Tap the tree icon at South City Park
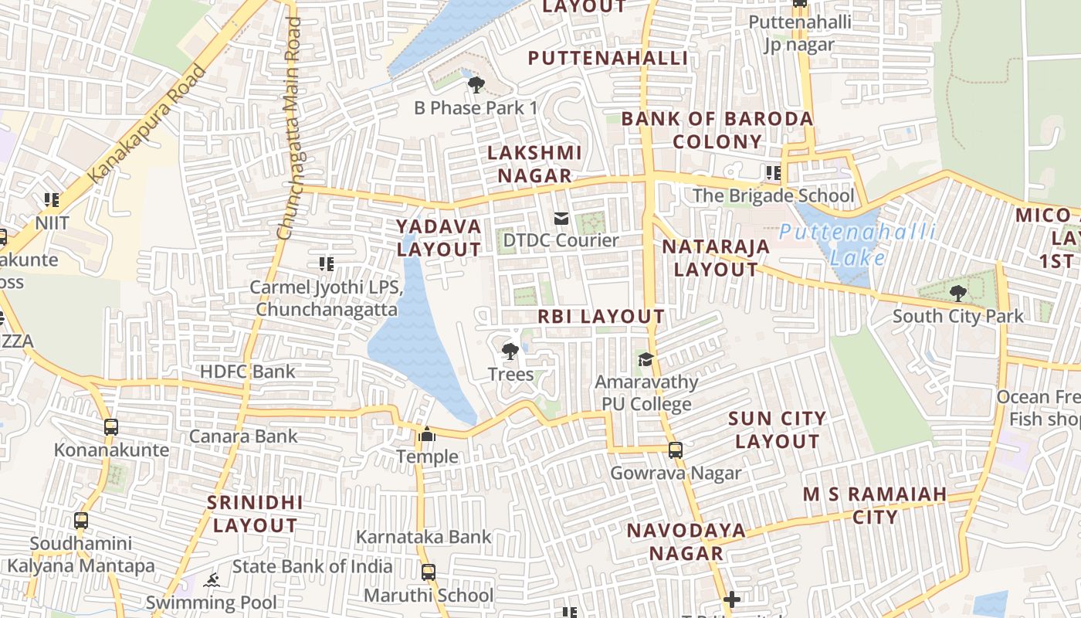click(x=958, y=294)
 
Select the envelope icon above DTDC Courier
click(x=561, y=219)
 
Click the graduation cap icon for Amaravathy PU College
click(x=646, y=359)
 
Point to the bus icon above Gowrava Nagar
click(x=676, y=450)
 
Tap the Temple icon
click(x=427, y=435)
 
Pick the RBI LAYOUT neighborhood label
click(x=601, y=316)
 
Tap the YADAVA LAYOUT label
click(x=439, y=238)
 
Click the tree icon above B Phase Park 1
click(x=476, y=84)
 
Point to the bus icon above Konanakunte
click(x=111, y=426)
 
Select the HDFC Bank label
click(x=247, y=372)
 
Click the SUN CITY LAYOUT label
click(x=778, y=430)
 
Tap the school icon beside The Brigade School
click(x=773, y=173)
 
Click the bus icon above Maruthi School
click(x=429, y=572)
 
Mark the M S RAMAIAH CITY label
click(x=875, y=505)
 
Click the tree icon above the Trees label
click(x=510, y=352)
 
